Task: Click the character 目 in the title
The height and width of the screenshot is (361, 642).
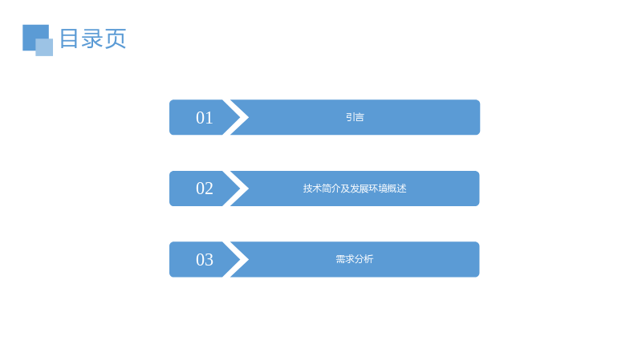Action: pos(69,39)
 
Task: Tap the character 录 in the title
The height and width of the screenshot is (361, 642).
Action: pos(92,39)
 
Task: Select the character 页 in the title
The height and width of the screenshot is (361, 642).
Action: pos(116,39)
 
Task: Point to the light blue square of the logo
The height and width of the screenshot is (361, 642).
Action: pos(44,47)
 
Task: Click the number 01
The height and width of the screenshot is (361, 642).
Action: pos(205,118)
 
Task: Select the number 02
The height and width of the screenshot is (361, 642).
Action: pos(205,189)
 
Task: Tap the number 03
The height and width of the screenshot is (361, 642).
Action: pos(205,260)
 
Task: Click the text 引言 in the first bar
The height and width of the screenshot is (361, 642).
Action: pos(355,117)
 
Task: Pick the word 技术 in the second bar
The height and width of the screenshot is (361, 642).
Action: pos(312,189)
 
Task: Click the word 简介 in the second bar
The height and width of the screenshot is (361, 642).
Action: pos(331,189)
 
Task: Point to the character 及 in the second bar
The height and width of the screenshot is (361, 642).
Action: pos(346,189)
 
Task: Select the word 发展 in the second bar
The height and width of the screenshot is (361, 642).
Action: pos(360,189)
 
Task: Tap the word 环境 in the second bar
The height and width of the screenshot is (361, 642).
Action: pos(378,189)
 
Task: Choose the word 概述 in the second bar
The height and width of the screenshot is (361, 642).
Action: pos(397,189)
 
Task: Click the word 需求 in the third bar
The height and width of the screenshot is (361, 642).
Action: pos(345,259)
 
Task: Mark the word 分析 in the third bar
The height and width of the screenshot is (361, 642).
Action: pos(364,259)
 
